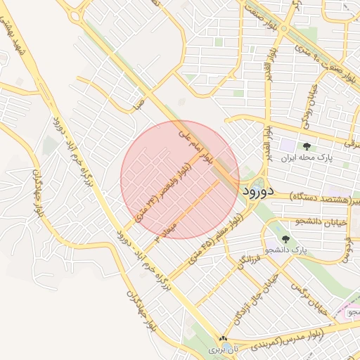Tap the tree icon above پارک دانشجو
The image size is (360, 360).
point(285,240)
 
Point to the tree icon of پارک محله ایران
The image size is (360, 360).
point(307,146)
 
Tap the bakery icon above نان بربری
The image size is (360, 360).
point(224,338)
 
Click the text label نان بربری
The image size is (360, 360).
point(223,349)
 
